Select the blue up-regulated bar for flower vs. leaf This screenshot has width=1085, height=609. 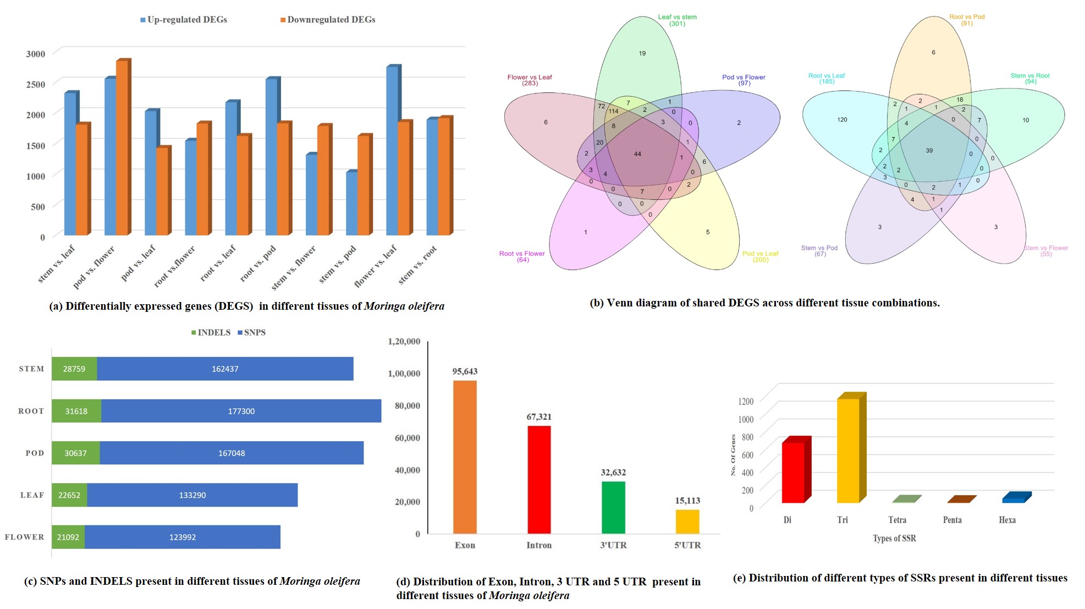tap(392, 151)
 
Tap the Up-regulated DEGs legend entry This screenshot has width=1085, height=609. tap(184, 20)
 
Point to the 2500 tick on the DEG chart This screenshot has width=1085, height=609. tap(36, 84)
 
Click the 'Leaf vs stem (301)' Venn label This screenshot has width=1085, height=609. tap(677, 20)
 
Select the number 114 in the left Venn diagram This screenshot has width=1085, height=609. tap(613, 111)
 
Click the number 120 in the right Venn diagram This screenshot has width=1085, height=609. tap(842, 119)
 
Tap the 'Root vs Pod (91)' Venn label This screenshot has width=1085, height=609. tap(967, 20)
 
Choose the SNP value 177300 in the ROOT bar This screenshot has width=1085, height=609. tap(241, 411)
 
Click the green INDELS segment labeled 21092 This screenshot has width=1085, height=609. tap(68, 537)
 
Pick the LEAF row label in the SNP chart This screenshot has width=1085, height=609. tap(32, 495)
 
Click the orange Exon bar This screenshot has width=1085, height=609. tap(465, 457)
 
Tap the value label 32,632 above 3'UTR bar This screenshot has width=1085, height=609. tap(613, 472)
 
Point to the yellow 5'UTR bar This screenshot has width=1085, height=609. tap(687, 522)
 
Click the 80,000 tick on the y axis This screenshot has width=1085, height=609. tap(407, 405)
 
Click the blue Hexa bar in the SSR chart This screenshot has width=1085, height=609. tap(1014, 498)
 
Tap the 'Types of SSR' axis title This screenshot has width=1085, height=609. tap(894, 538)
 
